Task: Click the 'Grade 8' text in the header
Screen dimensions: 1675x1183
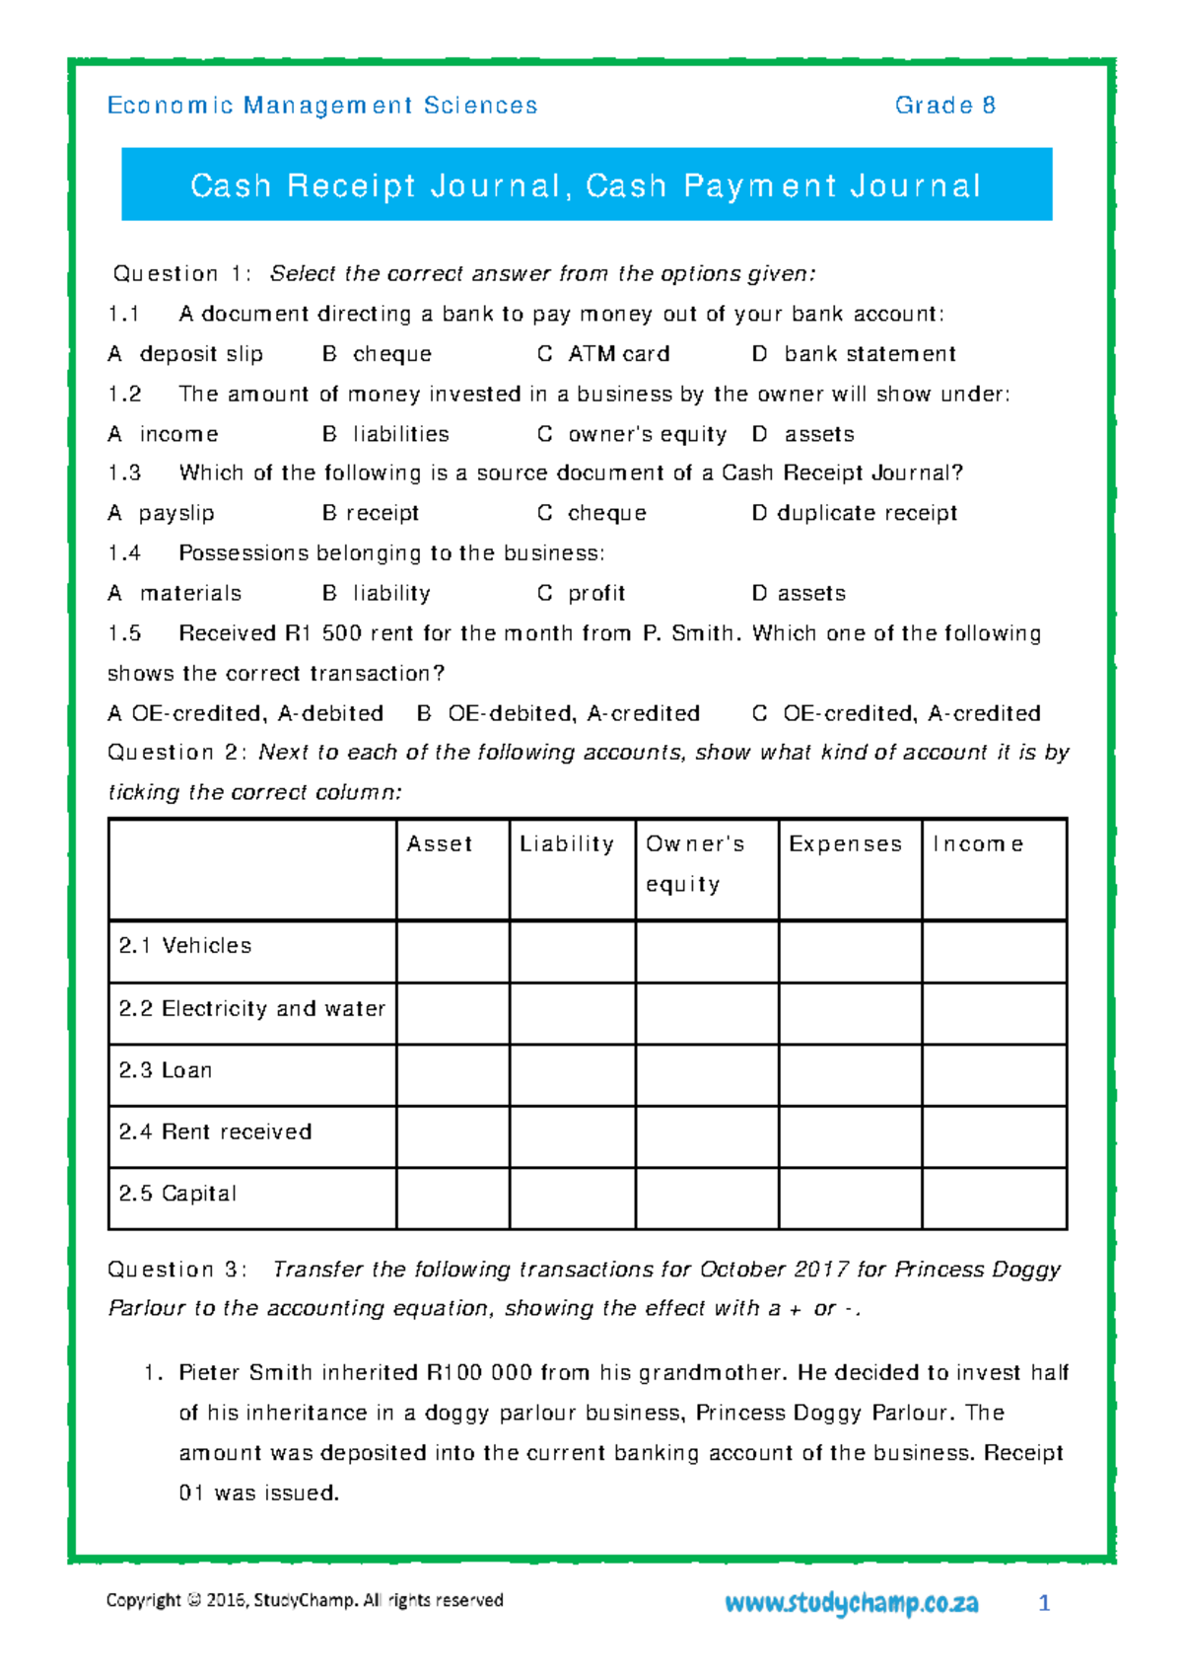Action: [x=944, y=106]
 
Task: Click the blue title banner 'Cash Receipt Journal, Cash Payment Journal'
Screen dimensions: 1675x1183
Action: [x=587, y=184]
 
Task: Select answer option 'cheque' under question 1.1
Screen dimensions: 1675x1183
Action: [x=391, y=354]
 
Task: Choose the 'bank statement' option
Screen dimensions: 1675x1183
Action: [x=870, y=354]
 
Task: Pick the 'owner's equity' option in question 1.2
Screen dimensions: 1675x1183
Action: [x=647, y=434]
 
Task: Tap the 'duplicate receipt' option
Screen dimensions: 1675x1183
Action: [x=867, y=513]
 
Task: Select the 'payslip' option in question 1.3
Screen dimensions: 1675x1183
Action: [x=175, y=513]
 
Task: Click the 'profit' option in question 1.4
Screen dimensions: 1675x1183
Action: [x=596, y=593]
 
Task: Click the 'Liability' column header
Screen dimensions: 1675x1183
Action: [x=567, y=844]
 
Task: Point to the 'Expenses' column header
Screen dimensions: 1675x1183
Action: [x=845, y=844]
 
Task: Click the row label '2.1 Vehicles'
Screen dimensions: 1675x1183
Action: [x=185, y=946]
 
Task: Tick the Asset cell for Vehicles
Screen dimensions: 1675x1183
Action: [x=452, y=951]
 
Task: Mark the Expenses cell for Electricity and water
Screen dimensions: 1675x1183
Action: [x=850, y=1013]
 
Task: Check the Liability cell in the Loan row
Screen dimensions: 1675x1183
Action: [x=572, y=1075]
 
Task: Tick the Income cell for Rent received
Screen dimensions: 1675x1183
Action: [x=994, y=1136]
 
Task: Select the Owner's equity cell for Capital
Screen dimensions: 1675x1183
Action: [x=707, y=1199]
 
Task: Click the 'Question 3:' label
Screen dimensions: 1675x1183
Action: [x=177, y=1270]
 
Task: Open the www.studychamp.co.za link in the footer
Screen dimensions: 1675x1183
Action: [x=851, y=1603]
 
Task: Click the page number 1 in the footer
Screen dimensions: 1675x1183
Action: [x=1044, y=1604]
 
